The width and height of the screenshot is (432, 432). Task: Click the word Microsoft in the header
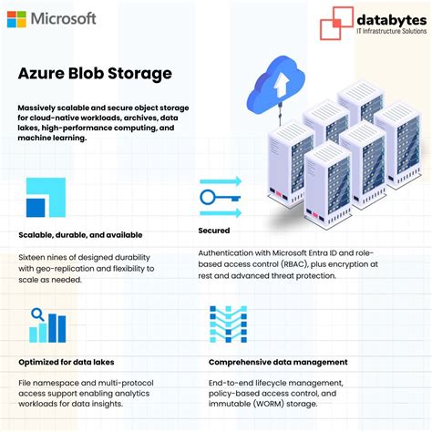point(63,18)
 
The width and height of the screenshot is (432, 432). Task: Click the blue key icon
point(219,195)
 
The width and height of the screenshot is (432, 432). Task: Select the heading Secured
point(213,232)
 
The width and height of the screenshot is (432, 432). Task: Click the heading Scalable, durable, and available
point(80,235)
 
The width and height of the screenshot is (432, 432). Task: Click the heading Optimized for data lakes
point(68,361)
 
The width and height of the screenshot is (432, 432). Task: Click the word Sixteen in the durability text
point(34,257)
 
